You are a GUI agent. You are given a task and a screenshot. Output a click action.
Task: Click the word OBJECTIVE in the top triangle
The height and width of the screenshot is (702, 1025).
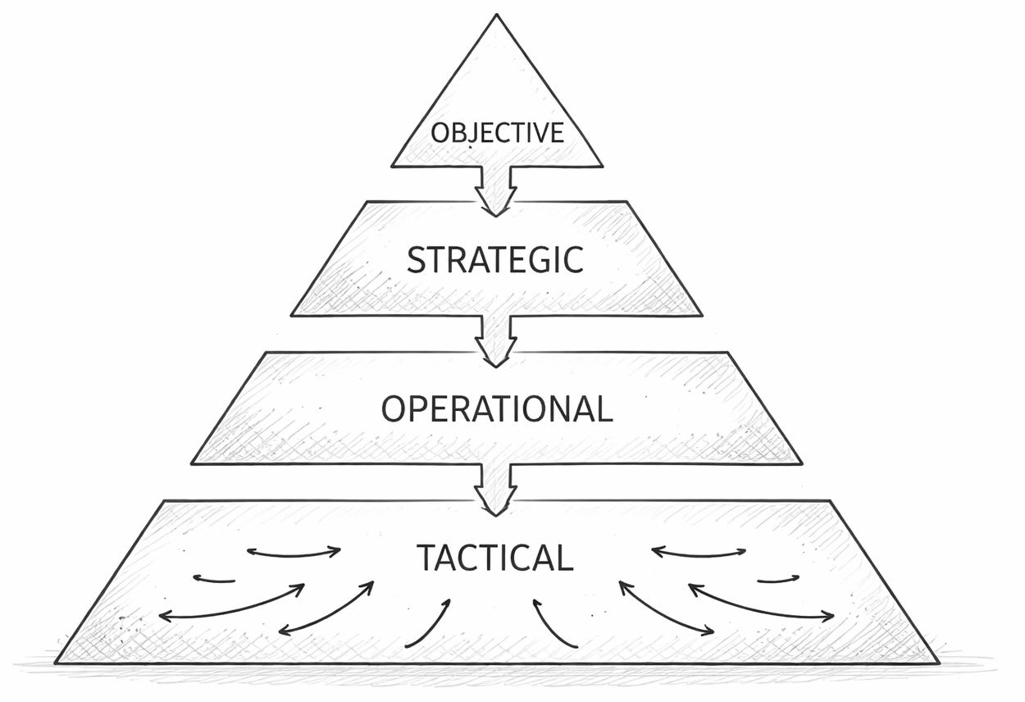click(x=497, y=133)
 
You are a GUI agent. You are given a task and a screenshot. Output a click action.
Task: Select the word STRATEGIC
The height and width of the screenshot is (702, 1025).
click(x=495, y=260)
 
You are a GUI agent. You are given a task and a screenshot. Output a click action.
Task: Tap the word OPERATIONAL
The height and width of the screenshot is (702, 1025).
click(x=497, y=409)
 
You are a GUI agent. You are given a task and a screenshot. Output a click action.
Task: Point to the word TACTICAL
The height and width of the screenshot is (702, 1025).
click(x=494, y=558)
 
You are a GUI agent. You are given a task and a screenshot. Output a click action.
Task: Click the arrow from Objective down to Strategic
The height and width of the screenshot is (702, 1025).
click(x=496, y=190)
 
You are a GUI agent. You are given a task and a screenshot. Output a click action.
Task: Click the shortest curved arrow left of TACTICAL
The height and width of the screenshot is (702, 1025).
click(x=215, y=580)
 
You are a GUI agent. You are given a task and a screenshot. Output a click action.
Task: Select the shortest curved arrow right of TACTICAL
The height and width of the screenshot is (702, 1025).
click(x=777, y=580)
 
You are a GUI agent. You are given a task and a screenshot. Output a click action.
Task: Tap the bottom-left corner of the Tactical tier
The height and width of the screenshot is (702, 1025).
click(x=56, y=662)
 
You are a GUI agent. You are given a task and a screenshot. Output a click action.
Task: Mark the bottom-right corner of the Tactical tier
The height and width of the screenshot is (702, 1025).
click(x=937, y=661)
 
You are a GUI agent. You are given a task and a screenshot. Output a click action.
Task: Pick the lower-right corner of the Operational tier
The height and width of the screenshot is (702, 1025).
click(x=801, y=463)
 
